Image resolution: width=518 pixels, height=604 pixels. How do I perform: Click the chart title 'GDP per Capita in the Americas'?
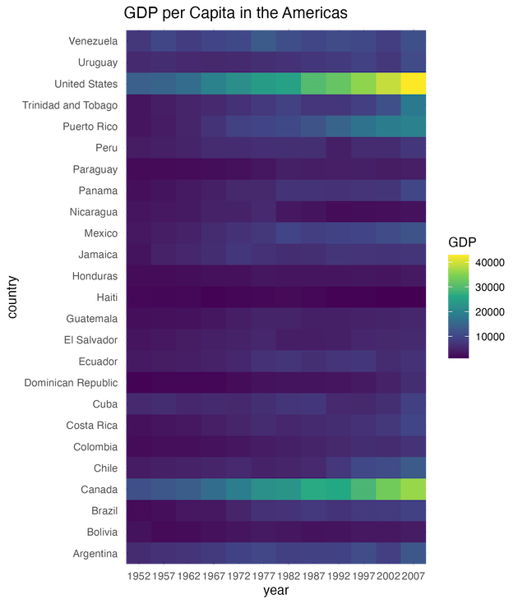(x=236, y=13)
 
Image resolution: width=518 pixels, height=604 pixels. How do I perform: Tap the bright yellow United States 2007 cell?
(x=414, y=83)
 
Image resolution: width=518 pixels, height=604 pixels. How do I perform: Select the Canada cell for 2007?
(x=414, y=489)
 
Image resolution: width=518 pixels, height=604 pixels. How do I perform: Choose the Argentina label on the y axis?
(x=94, y=553)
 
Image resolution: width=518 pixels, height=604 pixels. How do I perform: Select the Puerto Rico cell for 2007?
(x=414, y=126)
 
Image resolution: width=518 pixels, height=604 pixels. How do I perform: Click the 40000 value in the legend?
(x=490, y=263)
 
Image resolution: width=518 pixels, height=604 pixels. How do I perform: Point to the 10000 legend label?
(x=490, y=337)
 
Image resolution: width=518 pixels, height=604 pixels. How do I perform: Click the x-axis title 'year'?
(x=275, y=589)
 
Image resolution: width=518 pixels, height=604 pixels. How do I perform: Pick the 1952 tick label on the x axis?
(x=138, y=576)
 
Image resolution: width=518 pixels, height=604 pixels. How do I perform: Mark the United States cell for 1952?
(x=138, y=83)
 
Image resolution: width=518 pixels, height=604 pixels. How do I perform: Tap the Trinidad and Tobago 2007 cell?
(x=414, y=104)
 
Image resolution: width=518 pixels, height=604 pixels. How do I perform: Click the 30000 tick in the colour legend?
(x=490, y=288)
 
